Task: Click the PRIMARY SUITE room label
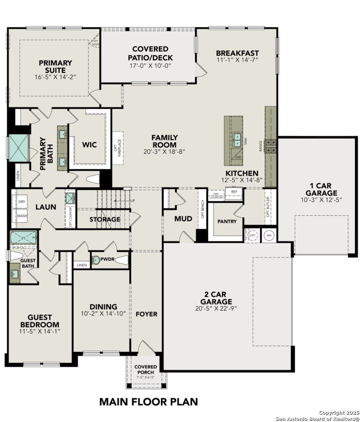(x=55, y=66)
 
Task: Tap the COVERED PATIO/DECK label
(x=150, y=53)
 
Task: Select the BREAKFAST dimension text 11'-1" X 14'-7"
(x=237, y=60)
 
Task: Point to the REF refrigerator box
(x=234, y=193)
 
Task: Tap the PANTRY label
(x=227, y=222)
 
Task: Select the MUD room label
(x=183, y=219)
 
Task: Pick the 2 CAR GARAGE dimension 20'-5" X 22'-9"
(x=216, y=308)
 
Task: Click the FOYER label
(x=146, y=314)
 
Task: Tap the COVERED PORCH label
(x=146, y=369)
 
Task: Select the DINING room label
(x=103, y=307)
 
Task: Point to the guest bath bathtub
(x=23, y=238)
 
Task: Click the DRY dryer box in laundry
(x=22, y=202)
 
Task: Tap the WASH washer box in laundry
(x=22, y=215)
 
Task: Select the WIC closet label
(x=89, y=145)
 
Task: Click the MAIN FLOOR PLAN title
(x=148, y=401)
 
